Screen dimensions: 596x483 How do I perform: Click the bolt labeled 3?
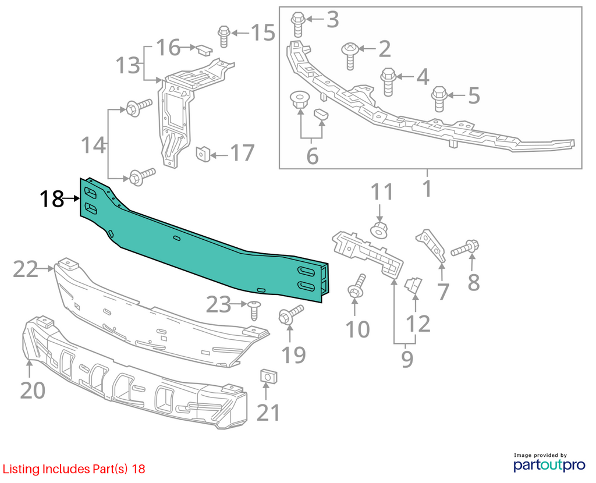click(297, 24)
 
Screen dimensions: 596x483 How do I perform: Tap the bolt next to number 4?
click(388, 81)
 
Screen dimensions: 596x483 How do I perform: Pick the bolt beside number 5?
click(439, 99)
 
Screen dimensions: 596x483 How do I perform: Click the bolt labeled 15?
click(224, 37)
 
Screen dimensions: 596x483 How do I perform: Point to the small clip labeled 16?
click(204, 50)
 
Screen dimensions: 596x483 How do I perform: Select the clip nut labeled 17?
click(203, 154)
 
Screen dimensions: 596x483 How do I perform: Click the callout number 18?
click(52, 199)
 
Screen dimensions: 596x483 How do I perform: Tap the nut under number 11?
click(379, 230)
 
